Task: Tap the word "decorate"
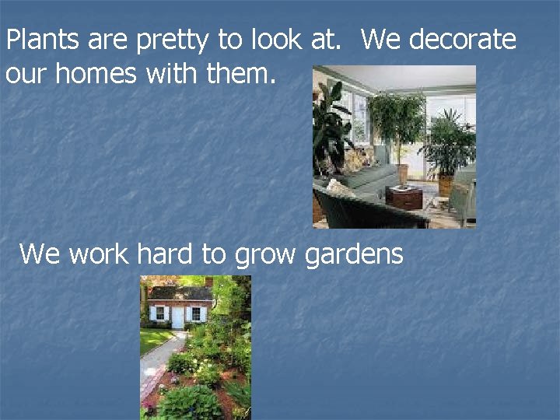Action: tap(462, 40)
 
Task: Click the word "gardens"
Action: tap(355, 254)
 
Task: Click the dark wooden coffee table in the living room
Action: tap(404, 198)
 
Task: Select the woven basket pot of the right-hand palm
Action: tap(445, 185)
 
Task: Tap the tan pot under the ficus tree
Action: tap(402, 173)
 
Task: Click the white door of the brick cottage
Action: tap(178, 316)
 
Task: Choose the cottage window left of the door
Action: tap(160, 313)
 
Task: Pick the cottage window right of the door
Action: tap(196, 313)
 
